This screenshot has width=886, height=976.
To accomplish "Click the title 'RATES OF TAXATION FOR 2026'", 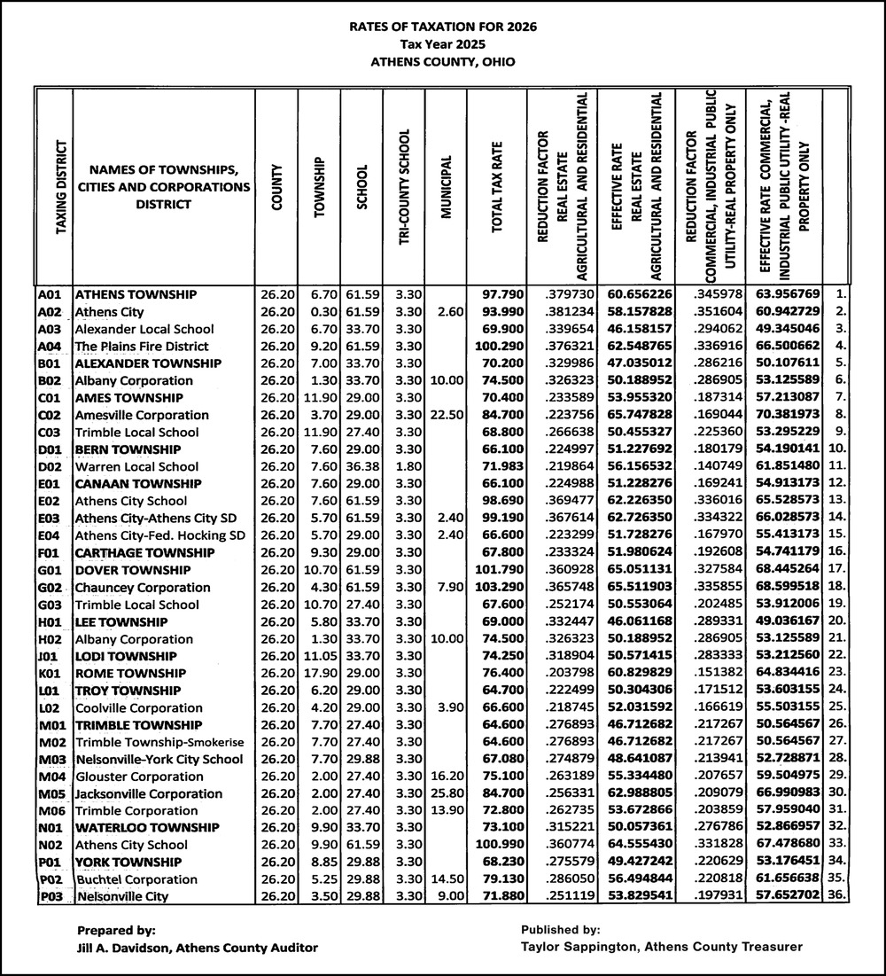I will [x=443, y=27].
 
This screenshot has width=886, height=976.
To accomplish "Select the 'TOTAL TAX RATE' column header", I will [x=498, y=186].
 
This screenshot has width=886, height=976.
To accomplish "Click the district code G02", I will [x=50, y=587].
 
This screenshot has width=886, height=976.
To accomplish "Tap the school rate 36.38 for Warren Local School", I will [x=361, y=466].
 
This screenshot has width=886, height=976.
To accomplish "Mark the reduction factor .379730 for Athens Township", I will [x=563, y=294].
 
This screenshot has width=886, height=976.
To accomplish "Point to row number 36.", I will [x=836, y=896].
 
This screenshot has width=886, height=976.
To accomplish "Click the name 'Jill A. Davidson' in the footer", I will [x=116, y=948].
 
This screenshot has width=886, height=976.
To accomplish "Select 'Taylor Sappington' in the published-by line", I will [x=572, y=947].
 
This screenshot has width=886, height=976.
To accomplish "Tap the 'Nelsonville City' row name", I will [x=123, y=896].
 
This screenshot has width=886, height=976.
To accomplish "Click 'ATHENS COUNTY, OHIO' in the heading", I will [x=443, y=62].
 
